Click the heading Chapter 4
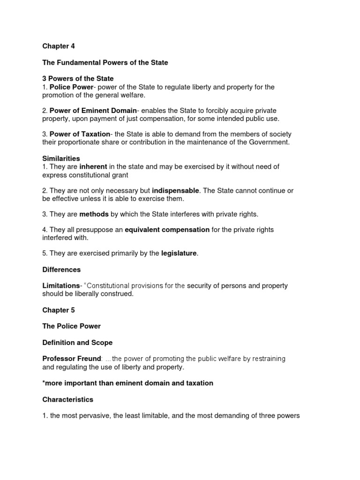pos(59,46)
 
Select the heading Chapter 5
pos(59,310)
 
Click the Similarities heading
pos(61,158)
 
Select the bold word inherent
pos(93,167)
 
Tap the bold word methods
pos(94,214)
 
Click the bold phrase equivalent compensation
pos(167,230)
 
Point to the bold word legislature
pos(179,254)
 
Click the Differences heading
pos(61,270)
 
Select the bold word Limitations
pos(61,286)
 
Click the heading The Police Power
pos(72,326)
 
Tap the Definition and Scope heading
pos(77,343)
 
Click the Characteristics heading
pos(68,399)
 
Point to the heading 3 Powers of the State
pos(78,79)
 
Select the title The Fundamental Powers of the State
pos(105,62)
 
